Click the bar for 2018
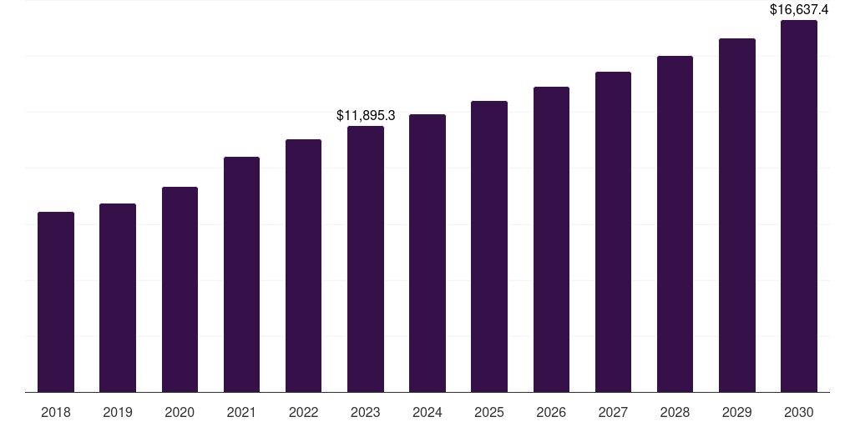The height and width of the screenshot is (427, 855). click(x=56, y=302)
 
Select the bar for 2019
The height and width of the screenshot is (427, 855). click(x=118, y=298)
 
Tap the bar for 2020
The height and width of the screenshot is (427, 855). click(x=180, y=289)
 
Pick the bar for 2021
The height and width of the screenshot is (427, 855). click(x=241, y=274)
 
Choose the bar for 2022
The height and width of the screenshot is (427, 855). click(x=303, y=265)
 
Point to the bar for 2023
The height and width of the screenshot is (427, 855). click(x=366, y=259)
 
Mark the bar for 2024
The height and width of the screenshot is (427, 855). click(x=427, y=253)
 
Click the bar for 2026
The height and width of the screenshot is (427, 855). click(x=551, y=239)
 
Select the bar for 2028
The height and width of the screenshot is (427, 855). click(x=675, y=224)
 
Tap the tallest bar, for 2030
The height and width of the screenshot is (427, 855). click(x=798, y=206)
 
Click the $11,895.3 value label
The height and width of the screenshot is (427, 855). click(x=366, y=115)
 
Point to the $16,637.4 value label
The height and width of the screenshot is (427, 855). click(x=799, y=10)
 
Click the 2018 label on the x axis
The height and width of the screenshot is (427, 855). click(x=56, y=412)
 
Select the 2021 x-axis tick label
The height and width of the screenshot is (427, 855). click(x=241, y=412)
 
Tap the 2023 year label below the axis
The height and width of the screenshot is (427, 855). click(x=366, y=412)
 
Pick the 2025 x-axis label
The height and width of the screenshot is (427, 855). click(x=489, y=412)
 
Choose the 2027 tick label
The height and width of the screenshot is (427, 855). click(x=613, y=412)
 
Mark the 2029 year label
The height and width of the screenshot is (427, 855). click(x=736, y=412)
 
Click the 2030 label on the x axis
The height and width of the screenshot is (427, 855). click(x=798, y=412)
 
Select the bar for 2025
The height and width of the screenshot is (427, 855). click(x=489, y=246)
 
